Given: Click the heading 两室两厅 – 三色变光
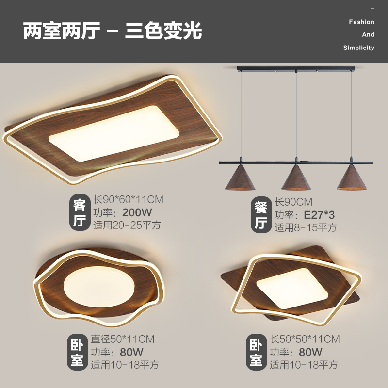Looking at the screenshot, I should point(113,31).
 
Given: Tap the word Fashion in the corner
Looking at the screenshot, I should point(361,22).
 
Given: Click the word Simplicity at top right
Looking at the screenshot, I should point(358,48).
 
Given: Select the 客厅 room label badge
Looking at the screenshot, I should point(79,212).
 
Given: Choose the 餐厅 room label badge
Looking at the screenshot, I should point(261,215).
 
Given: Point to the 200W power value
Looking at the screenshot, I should point(137,212).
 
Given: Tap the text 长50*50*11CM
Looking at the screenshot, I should point(305,339).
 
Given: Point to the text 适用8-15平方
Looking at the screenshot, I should point(306,227).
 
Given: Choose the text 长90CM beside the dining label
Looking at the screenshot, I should point(294,202).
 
